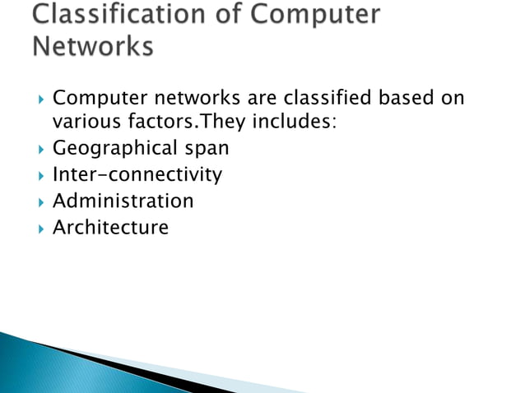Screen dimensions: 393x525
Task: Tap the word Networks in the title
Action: click(93, 47)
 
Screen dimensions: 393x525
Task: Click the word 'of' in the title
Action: click(233, 16)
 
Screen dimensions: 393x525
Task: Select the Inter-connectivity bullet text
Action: click(137, 175)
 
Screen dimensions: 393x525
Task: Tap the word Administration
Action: click(123, 201)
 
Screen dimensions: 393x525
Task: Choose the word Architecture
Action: click(110, 227)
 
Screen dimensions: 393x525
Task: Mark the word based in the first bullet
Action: click(402, 99)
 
